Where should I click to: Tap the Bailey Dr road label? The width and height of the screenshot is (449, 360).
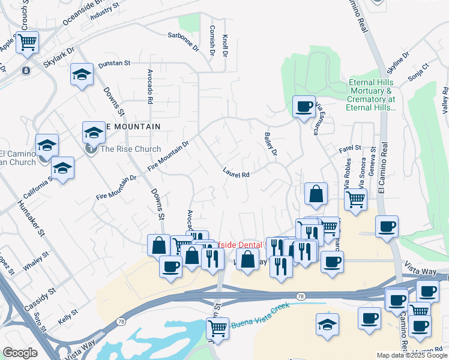coord(270,145)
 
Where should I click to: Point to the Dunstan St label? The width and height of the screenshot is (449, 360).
coord(114,63)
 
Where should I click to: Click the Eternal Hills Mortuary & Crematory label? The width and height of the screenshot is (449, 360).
coord(372,95)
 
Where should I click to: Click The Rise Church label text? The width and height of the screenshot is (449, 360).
coord(131,149)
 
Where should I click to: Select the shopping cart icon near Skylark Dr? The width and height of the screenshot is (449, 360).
coord(27,42)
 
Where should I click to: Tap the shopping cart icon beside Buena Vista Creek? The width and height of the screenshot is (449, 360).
coord(217,328)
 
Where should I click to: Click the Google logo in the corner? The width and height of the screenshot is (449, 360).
coord(20,353)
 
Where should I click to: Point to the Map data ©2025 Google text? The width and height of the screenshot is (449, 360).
coord(412,355)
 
